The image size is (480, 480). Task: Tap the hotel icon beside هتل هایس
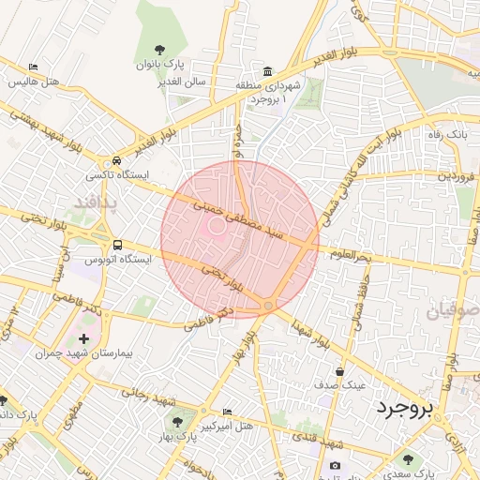click(x=34, y=67)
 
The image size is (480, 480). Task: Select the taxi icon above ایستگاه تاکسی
click(x=115, y=160)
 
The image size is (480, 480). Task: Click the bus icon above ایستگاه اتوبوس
click(x=117, y=244)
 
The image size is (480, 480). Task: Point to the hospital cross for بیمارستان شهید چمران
click(x=85, y=338)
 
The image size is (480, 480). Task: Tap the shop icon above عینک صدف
click(x=338, y=371)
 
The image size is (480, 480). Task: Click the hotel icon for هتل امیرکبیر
click(x=228, y=412)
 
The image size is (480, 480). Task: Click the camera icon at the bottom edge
click(x=335, y=466)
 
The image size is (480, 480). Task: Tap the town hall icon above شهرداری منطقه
click(x=269, y=71)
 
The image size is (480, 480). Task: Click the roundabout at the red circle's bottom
click(x=268, y=307)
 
